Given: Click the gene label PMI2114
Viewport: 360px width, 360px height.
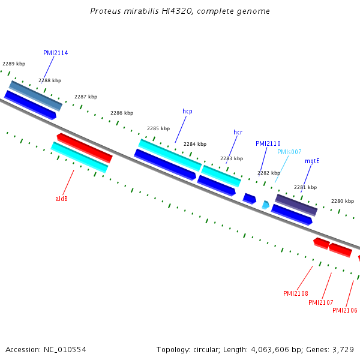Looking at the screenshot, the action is click(56, 53).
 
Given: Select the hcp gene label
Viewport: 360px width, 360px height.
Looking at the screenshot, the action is click(187, 112).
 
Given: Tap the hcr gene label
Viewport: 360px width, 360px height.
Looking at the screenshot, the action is click(238, 132).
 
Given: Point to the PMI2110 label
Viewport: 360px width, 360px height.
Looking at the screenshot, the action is click(268, 144).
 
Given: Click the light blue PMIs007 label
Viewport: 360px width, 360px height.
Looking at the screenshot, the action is click(289, 152).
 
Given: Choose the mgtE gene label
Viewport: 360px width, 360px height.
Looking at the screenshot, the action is click(312, 161).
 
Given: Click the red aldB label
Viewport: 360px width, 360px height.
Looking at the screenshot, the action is click(62, 199).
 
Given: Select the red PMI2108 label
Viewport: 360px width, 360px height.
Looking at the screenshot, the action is click(295, 293).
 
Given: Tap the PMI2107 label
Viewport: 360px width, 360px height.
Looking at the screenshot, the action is click(321, 302).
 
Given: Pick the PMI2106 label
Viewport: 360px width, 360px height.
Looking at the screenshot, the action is click(345, 310).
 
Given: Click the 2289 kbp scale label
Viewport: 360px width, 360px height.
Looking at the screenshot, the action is click(14, 64).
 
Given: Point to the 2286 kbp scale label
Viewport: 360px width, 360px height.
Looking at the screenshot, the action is click(122, 113).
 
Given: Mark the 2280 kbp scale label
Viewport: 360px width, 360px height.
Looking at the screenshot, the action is click(343, 201).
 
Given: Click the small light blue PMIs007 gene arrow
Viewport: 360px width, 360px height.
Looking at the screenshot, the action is click(266, 205).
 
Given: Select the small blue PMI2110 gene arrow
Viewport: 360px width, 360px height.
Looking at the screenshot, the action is click(250, 199).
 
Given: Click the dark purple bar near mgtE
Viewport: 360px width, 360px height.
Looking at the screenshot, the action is click(296, 205).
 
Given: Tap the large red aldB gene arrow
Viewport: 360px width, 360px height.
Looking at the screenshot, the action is click(85, 148).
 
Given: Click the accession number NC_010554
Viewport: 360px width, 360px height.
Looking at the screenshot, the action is click(65, 350).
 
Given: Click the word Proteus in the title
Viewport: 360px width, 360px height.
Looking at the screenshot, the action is click(106, 11).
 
